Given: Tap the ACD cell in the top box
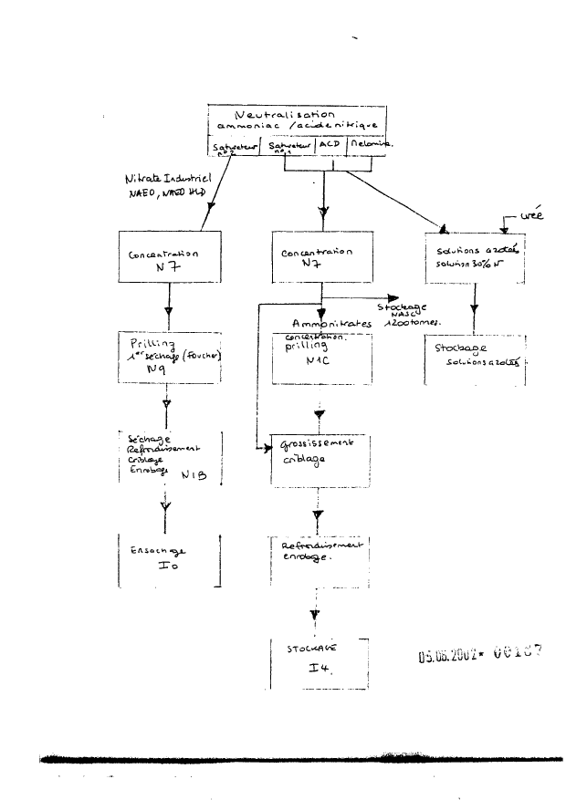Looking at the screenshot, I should click(330, 144).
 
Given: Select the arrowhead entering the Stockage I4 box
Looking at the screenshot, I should click(316, 616).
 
